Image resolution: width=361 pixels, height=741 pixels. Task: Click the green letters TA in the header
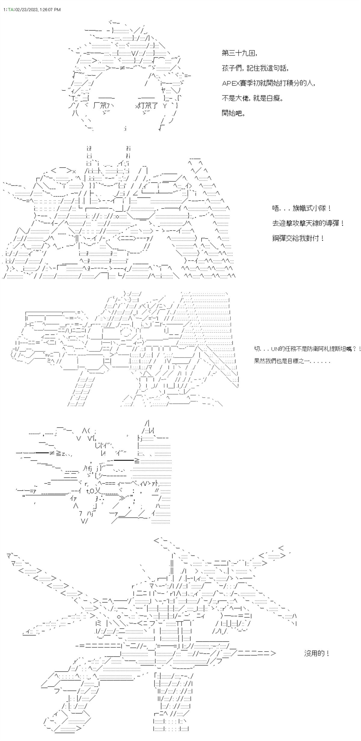coord(11,10)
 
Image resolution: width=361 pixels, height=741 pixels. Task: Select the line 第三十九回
coord(239,53)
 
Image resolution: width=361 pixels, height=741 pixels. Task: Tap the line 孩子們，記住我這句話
coord(255,68)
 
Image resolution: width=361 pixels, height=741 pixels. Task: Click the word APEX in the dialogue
coord(231,83)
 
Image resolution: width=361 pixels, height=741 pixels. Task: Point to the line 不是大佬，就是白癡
coord(252,98)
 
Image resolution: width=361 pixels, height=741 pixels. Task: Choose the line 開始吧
coord(233,114)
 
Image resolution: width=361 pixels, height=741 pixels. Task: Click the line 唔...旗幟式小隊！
coord(302,208)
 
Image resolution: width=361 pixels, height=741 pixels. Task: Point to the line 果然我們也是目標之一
coord(292,361)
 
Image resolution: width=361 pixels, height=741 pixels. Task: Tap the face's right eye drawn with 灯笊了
coord(147,106)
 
